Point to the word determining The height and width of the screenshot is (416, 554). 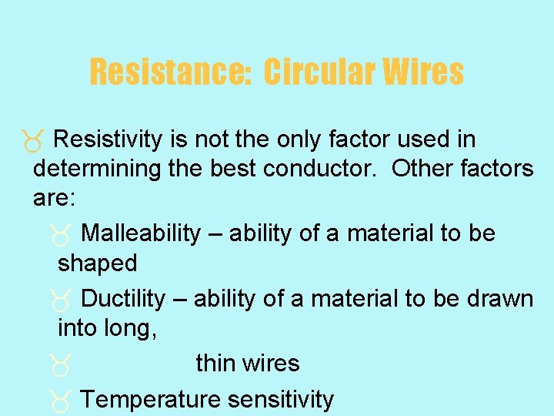pyautogui.click(x=99, y=169)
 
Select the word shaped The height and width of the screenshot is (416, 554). pyautogui.click(x=98, y=263)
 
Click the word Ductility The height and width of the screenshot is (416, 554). pyautogui.click(x=123, y=299)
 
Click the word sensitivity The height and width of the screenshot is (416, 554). pyautogui.click(x=281, y=400)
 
